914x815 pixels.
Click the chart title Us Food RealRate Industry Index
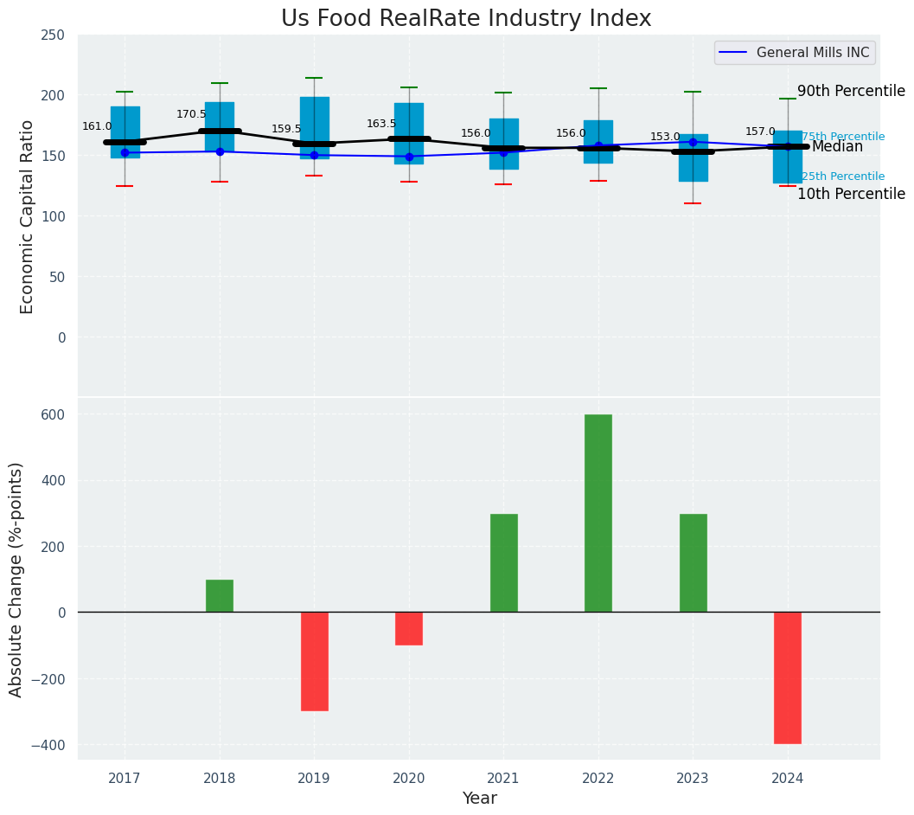tap(466, 19)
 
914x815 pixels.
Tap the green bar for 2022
tap(598, 513)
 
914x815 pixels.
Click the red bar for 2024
tap(787, 677)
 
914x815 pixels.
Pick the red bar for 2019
tap(314, 661)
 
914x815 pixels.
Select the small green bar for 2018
tap(220, 596)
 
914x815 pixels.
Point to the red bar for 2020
tap(409, 628)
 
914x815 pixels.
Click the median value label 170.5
tap(192, 114)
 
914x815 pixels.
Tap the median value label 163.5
tap(381, 124)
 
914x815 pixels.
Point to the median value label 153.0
tap(665, 137)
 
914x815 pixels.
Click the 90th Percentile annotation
tap(851, 92)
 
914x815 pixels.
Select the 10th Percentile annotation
tap(851, 194)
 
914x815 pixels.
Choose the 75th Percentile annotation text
tap(843, 137)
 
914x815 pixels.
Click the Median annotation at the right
tap(837, 147)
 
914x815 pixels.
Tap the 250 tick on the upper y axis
tap(54, 35)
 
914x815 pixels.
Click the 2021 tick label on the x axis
tap(503, 779)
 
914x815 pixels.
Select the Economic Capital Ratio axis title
tap(28, 216)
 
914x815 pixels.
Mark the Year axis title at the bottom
tap(479, 799)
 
